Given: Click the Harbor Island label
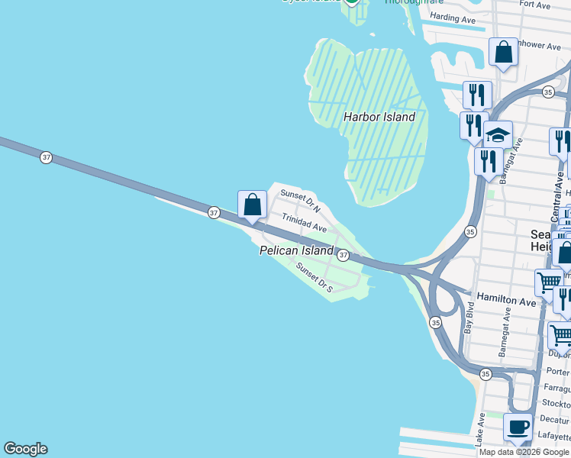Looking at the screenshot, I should point(379,118).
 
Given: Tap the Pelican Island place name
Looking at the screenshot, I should point(296,250).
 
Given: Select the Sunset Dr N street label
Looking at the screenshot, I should point(300,201).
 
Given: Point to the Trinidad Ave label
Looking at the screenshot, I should point(304,223).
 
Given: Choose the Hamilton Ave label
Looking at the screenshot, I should point(506,302).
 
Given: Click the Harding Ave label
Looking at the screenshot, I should point(453,18).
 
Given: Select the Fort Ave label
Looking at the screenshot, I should point(534,5).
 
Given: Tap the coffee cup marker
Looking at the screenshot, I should point(518,427).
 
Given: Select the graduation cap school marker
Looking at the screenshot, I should point(498,134).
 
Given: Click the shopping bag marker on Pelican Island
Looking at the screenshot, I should point(253,205).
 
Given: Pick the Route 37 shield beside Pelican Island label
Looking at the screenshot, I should point(344,255).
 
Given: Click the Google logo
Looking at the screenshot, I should point(25,449).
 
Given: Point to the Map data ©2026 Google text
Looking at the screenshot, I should point(524,452).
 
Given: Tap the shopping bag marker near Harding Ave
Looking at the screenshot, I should point(503,53).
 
